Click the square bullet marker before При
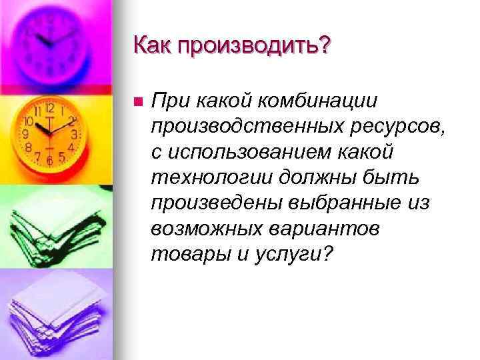coord(137,103)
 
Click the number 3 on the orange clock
coord(74,134)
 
